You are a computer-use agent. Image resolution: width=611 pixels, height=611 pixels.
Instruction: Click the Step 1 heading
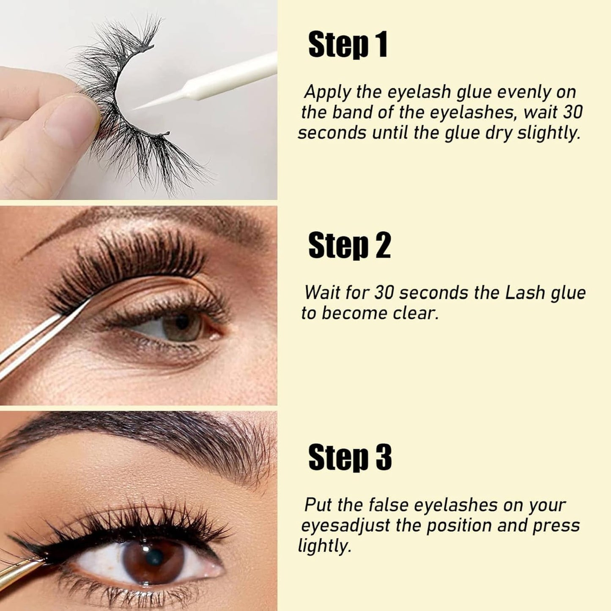(348, 45)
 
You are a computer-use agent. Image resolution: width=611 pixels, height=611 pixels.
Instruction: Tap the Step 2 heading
(349, 246)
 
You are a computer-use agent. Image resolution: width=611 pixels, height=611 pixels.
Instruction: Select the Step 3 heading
(350, 457)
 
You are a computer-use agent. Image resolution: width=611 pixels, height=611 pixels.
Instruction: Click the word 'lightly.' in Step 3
(324, 546)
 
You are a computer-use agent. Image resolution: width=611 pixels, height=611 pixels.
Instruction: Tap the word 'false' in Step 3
(388, 505)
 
